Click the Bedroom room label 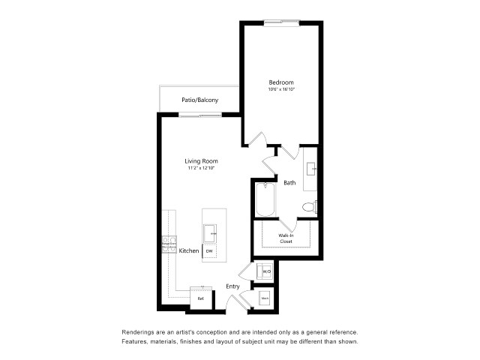281,82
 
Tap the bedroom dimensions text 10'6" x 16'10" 281,90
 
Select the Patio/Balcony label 199,100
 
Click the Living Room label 202,160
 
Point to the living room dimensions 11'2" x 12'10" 202,169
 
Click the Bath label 290,182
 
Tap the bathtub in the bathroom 265,200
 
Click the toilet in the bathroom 309,207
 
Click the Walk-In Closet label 286,238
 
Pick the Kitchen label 189,251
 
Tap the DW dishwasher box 210,251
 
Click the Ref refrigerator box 200,298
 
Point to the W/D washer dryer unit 265,271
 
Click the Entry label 233,286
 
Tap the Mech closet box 265,298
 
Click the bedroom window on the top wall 281,22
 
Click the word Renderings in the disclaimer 140,331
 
